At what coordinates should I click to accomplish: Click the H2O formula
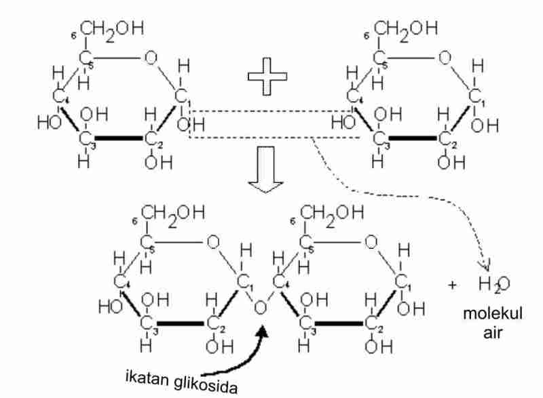[x=493, y=285]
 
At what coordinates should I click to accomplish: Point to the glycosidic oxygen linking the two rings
[x=259, y=309]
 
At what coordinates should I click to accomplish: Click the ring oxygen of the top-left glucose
[x=150, y=57]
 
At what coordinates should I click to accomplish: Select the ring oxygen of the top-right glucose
[x=445, y=57]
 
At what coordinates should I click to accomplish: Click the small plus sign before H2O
[x=453, y=285]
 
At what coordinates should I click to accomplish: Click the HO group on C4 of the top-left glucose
[x=50, y=123]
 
